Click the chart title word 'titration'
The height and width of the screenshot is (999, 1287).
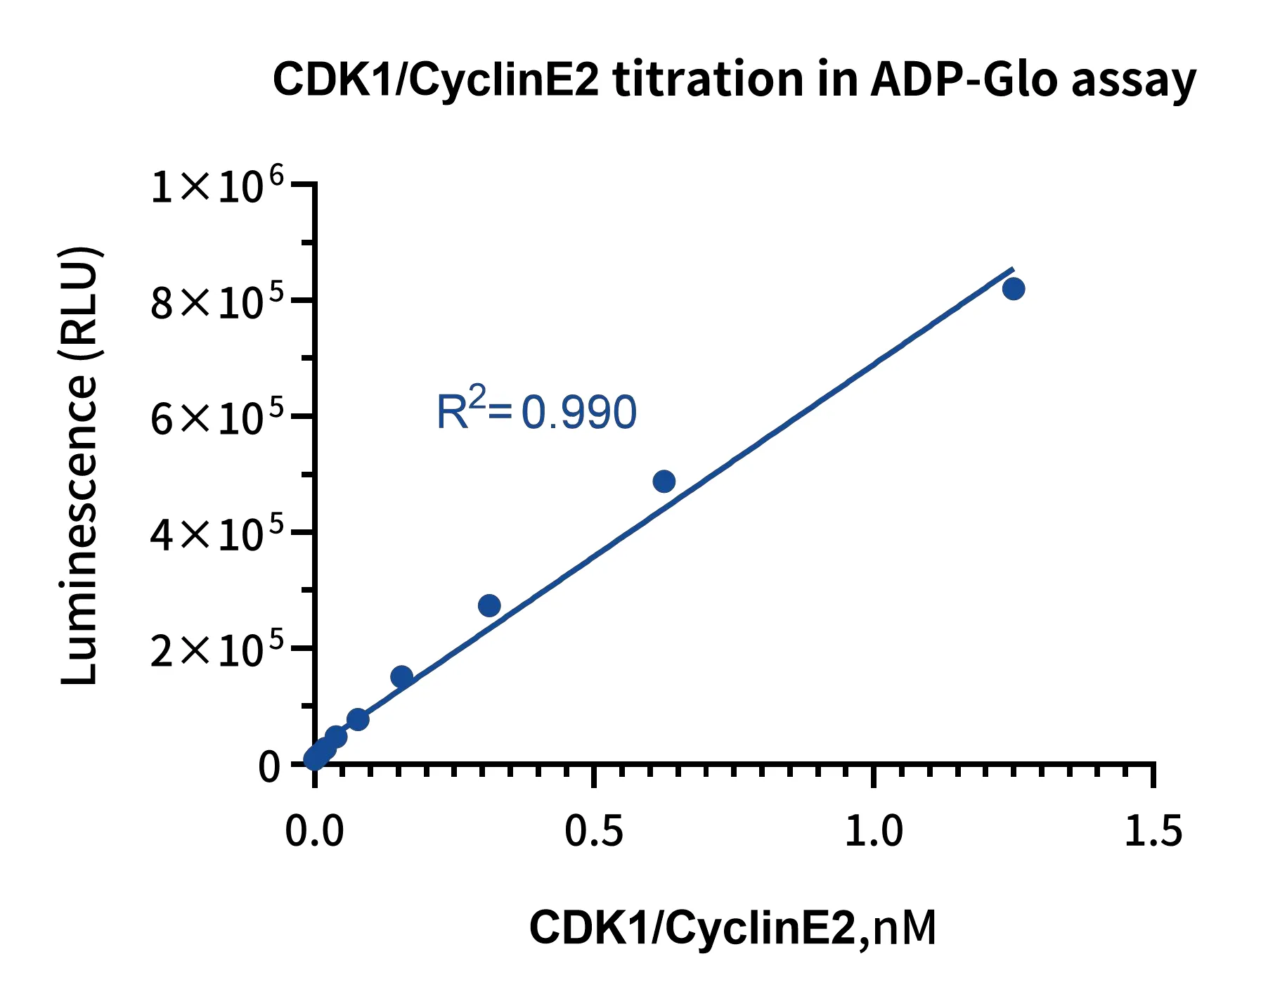[x=709, y=79]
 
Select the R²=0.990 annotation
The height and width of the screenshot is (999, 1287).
[x=536, y=411]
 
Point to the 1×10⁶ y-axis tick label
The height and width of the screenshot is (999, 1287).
[x=217, y=186]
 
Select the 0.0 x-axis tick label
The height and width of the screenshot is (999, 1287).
[x=314, y=831]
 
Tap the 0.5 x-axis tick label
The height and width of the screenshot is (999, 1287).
[x=594, y=831]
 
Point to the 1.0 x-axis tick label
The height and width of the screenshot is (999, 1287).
[x=873, y=831]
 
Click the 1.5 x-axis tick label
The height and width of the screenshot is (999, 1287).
[x=1153, y=831]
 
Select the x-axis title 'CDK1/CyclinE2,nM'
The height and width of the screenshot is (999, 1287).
[x=732, y=927]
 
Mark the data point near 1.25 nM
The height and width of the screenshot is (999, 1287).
[x=1013, y=288]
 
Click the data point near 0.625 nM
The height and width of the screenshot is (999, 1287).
[x=664, y=482]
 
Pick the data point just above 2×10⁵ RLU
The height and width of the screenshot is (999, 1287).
[x=489, y=605]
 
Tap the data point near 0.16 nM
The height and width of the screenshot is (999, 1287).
[x=401, y=676]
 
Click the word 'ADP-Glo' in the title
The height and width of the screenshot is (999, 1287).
[x=963, y=79]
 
